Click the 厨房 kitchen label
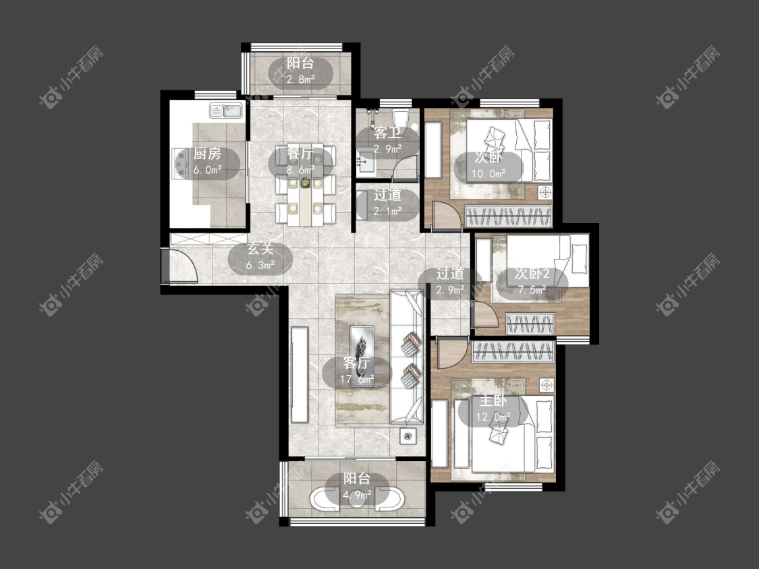tap(207, 154)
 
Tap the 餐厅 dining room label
tap(300, 154)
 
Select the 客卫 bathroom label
tap(387, 133)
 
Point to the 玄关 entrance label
tap(260, 249)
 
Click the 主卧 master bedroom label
tap(493, 401)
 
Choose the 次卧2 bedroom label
tap(532, 274)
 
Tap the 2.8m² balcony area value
tap(301, 79)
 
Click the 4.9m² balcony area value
tap(357, 494)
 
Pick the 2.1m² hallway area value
tap(388, 211)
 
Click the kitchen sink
tap(226, 111)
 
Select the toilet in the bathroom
tap(400, 119)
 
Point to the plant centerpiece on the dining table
tap(305, 183)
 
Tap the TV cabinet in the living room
tap(300, 375)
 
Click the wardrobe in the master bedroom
tap(513, 352)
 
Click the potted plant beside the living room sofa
tap(407, 436)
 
